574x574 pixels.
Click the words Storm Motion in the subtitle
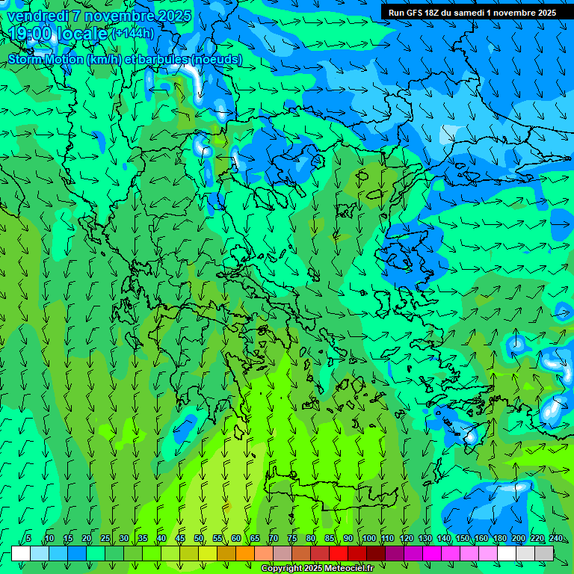click(46, 59)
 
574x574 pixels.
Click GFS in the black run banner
click(413, 13)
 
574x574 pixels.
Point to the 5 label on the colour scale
click(28, 538)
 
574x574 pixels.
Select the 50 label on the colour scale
click(199, 538)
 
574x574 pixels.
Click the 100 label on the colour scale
click(369, 538)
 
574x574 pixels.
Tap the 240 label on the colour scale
click(556, 538)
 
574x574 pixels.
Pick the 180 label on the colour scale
click(500, 538)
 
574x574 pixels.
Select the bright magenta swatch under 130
click(432, 553)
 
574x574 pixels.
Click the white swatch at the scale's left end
click(21, 553)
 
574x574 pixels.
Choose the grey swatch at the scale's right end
click(544, 553)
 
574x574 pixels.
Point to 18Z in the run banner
click(433, 13)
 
